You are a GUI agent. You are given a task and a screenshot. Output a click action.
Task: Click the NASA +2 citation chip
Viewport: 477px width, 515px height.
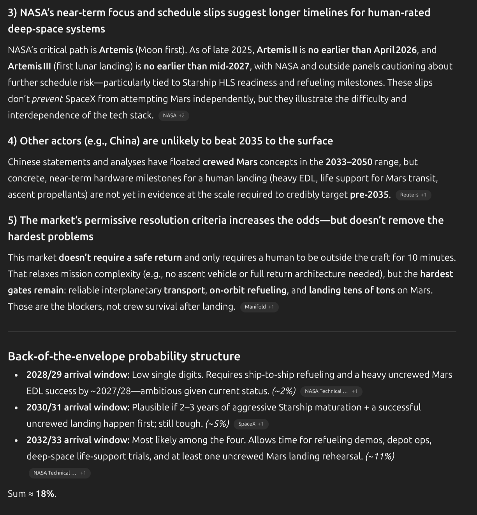(x=174, y=116)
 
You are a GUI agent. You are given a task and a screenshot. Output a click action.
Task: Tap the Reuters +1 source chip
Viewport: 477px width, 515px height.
(x=413, y=195)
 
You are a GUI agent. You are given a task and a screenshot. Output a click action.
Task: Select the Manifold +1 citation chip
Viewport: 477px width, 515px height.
(x=259, y=307)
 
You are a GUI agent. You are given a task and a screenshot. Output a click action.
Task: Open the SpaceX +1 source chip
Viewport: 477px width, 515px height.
(x=251, y=424)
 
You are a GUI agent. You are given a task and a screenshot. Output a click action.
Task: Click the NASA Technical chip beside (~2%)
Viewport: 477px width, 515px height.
(x=331, y=391)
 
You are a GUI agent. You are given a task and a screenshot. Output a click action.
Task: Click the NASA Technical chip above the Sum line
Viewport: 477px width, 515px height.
(x=59, y=473)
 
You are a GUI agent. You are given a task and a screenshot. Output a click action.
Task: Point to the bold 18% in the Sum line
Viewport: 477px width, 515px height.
(x=46, y=494)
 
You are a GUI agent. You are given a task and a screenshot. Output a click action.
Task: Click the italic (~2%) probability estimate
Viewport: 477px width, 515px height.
(x=284, y=391)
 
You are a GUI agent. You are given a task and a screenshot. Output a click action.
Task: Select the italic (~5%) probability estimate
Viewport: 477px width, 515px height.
(x=217, y=424)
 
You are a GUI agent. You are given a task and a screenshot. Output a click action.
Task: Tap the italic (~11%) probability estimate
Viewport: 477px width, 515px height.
(x=380, y=456)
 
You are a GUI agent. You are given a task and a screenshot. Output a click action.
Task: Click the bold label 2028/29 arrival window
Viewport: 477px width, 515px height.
(x=78, y=375)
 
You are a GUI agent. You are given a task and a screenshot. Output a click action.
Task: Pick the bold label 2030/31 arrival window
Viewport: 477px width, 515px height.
(x=78, y=407)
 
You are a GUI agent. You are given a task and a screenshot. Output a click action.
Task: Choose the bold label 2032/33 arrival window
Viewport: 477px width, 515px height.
(x=78, y=440)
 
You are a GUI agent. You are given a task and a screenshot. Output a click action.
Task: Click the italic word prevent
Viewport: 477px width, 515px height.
(x=47, y=99)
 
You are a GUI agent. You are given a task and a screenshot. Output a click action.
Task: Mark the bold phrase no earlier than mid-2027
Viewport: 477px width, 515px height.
(x=197, y=66)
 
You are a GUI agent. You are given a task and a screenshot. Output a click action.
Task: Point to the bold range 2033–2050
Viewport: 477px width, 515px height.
(x=349, y=162)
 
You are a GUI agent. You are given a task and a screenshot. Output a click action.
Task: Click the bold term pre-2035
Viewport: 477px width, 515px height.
(x=370, y=194)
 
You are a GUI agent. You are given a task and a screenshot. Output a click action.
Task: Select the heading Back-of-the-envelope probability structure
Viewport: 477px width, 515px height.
(x=124, y=356)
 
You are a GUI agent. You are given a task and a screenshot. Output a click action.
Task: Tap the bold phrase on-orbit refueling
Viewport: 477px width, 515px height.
(x=248, y=290)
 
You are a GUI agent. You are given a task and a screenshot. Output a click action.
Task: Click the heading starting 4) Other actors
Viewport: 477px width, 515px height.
(x=170, y=141)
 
